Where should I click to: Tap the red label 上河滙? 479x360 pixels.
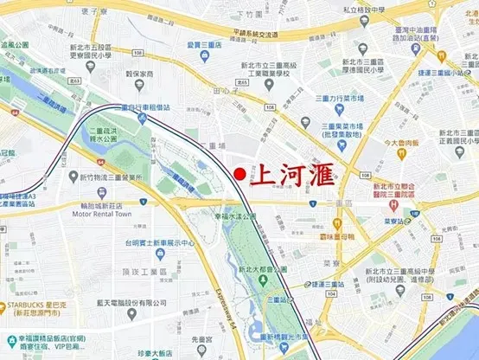click(x=291, y=172)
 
